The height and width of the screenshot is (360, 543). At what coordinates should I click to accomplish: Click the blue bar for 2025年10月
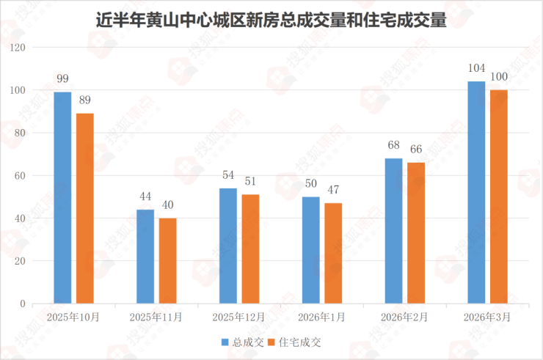62,197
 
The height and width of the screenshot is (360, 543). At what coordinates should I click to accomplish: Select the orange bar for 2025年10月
85,208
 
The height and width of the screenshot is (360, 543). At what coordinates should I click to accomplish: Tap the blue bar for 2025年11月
145,256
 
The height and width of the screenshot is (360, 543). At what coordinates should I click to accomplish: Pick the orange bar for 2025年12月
251,249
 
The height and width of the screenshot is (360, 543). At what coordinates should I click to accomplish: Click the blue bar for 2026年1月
311,250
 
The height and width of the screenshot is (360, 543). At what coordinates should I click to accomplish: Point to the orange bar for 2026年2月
416,232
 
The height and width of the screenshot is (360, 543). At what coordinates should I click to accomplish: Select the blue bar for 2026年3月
477,192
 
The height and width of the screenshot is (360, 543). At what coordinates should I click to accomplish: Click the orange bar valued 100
499,196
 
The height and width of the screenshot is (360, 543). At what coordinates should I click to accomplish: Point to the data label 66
416,149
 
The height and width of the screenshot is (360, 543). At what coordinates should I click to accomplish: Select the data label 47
333,189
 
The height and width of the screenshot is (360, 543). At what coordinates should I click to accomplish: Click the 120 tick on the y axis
18,48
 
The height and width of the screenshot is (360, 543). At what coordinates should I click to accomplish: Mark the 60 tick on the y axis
20,176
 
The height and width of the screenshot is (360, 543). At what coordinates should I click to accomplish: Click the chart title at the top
271,20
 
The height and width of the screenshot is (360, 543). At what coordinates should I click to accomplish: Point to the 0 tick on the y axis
23,304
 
